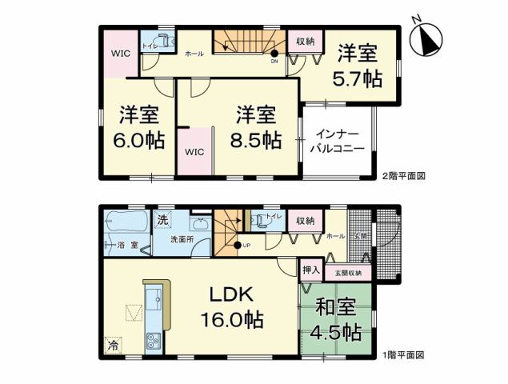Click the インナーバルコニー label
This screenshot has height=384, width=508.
pyautogui.click(x=339, y=142)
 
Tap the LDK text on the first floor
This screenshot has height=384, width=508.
pyautogui.click(x=231, y=294)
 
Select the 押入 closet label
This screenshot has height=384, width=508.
pyautogui.click(x=310, y=270)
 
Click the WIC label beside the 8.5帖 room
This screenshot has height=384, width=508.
pyautogui.click(x=194, y=150)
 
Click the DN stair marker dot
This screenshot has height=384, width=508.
pyautogui.click(x=274, y=54)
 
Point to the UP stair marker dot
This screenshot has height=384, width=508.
pyautogui.click(x=237, y=246)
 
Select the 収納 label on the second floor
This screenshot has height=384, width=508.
pyautogui.click(x=305, y=40)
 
